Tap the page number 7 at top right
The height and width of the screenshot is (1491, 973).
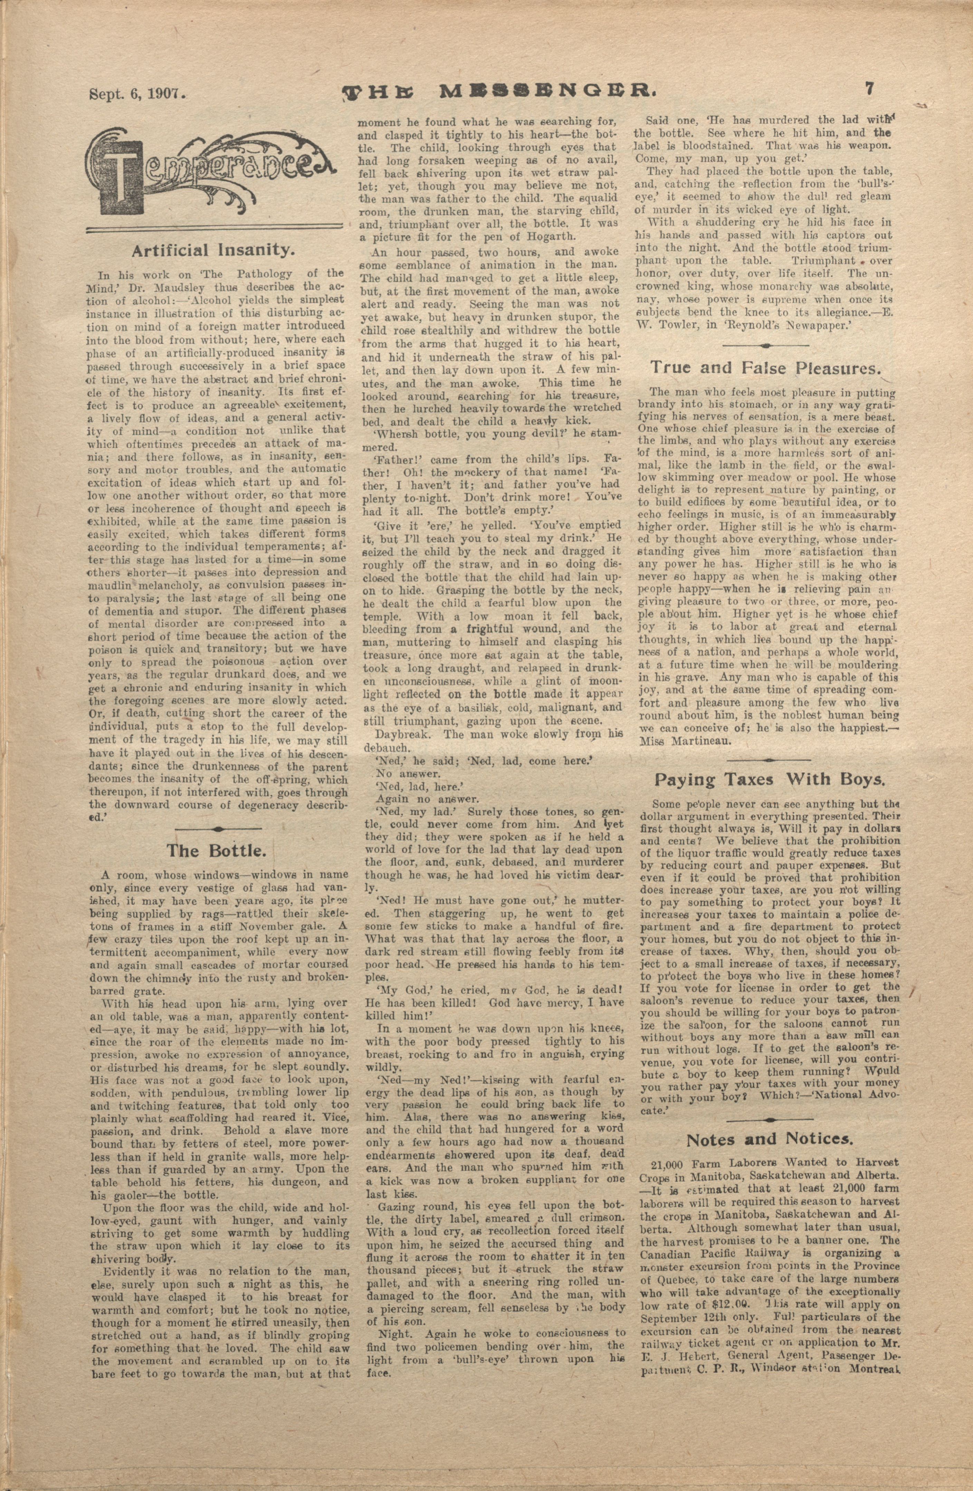tap(869, 89)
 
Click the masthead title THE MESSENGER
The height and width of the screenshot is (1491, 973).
tap(498, 93)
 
